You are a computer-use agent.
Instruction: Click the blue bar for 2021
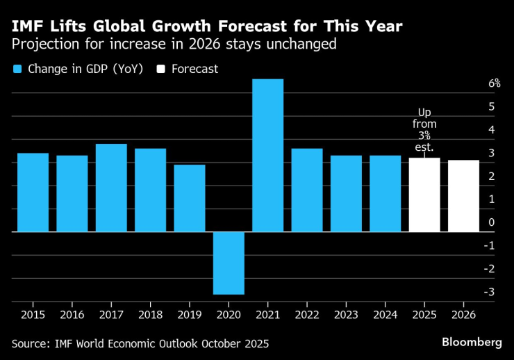tap(267, 155)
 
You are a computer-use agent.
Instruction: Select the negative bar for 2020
tap(229, 263)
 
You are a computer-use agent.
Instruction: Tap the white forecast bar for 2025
tap(424, 195)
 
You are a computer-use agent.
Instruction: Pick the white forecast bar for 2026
tap(463, 196)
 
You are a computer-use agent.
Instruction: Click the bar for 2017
tap(111, 188)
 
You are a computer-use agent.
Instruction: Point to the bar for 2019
tap(190, 198)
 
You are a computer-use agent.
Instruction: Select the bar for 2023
tap(346, 193)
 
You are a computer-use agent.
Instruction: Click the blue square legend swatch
tap(18, 69)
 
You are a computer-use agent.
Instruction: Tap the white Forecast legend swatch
tap(161, 69)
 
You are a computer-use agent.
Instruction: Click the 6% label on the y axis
tap(495, 83)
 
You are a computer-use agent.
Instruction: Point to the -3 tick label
tap(490, 292)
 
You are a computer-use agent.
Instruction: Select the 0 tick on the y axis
tap(491, 222)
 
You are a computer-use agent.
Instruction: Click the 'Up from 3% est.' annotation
tap(424, 130)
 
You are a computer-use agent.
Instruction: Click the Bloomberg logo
tap(472, 342)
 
